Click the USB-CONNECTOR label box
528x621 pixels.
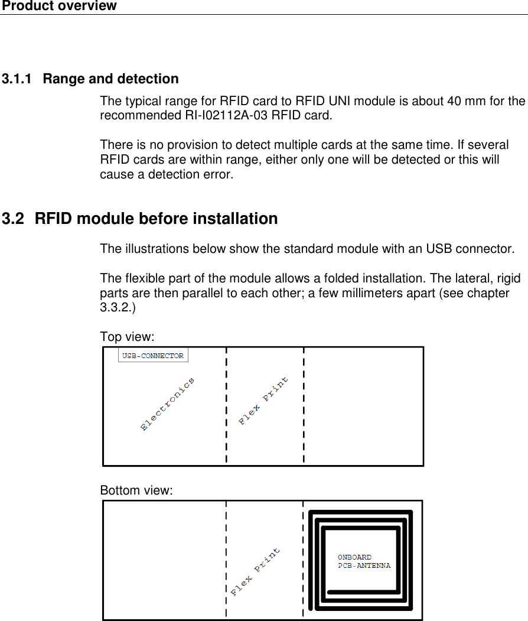pos(153,356)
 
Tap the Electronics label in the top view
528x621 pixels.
pos(168,405)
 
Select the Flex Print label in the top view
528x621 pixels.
pos(264,400)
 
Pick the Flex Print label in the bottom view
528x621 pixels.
pos(256,572)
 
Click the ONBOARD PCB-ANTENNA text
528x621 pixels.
pos(364,561)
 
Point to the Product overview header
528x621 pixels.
pos(59,6)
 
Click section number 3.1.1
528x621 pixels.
pos(17,79)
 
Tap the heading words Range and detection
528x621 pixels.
pos(110,79)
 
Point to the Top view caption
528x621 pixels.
pos(127,337)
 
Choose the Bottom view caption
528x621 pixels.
pos(136,490)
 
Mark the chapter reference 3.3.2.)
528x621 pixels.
pos(118,308)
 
